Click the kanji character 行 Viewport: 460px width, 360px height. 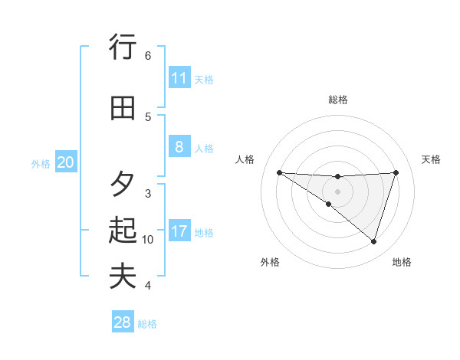[123, 47]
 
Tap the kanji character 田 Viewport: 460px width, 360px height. [123, 108]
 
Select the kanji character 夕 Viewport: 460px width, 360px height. [123, 184]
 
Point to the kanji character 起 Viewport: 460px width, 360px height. [123, 230]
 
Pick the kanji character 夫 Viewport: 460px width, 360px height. [123, 276]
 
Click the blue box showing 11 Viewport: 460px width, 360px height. [179, 78]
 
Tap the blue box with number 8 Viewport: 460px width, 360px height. [179, 147]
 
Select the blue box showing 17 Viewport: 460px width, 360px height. [179, 231]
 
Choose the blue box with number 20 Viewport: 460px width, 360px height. [66, 162]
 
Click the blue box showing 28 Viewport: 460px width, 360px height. [123, 322]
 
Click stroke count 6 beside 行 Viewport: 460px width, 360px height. [148, 56]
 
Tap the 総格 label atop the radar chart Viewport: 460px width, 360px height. [337, 100]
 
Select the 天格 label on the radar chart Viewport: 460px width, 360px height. [432, 159]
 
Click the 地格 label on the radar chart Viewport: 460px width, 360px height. [402, 262]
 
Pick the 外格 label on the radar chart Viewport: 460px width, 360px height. [270, 262]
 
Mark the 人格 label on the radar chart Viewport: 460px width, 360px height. [245, 159]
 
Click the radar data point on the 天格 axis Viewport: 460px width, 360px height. [396, 172]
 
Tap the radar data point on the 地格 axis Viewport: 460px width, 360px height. [373, 241]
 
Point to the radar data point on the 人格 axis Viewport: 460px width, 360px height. [279, 172]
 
